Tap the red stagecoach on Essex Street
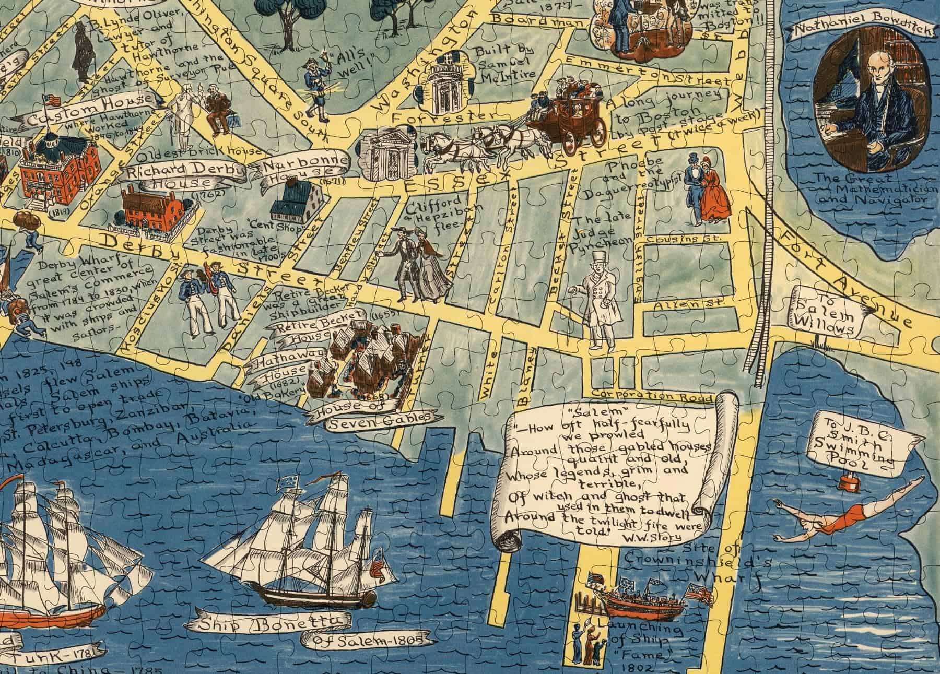[x=567, y=124]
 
